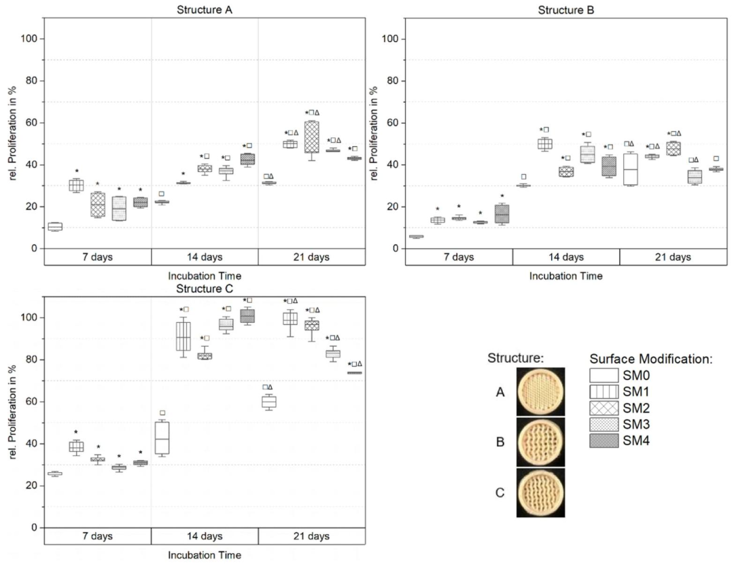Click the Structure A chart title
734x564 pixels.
pyautogui.click(x=205, y=10)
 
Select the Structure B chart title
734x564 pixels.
pyautogui.click(x=566, y=10)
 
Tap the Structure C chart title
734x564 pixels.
pyautogui.click(x=205, y=289)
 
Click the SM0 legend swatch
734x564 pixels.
pyautogui.click(x=608, y=376)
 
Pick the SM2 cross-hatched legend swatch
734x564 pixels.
pyautogui.click(x=608, y=408)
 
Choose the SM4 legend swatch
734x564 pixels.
pyautogui.click(x=608, y=441)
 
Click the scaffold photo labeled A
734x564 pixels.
pyautogui.click(x=540, y=391)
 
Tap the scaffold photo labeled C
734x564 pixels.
pyautogui.click(x=540, y=493)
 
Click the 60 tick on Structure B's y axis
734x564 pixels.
pyautogui.click(x=392, y=123)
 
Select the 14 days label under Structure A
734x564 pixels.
pyautogui.click(x=205, y=257)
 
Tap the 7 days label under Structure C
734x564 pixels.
pyautogui.click(x=97, y=536)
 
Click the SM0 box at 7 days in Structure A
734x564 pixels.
pyautogui.click(x=55, y=226)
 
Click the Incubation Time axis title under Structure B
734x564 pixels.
pyautogui.click(x=566, y=276)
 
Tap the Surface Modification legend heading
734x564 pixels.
pyautogui.click(x=650, y=359)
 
